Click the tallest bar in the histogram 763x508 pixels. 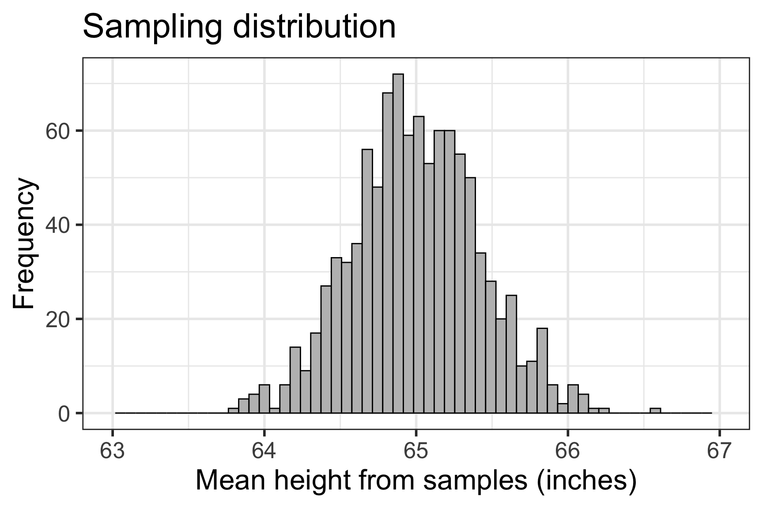(398, 243)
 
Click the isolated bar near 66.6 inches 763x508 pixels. (655, 411)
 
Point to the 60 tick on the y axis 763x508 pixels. (58, 131)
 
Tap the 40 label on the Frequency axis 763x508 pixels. (58, 225)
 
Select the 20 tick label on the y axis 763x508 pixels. (58, 319)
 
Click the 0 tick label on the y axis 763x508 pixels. (64, 413)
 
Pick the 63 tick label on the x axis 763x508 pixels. (113, 451)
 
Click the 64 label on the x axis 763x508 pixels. (264, 451)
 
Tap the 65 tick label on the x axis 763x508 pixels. (416, 451)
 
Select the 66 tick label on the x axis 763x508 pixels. (567, 451)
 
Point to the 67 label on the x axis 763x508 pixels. (719, 451)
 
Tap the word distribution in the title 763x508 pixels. (314, 26)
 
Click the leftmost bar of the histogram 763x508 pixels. (233, 411)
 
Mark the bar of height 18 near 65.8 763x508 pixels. (542, 370)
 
